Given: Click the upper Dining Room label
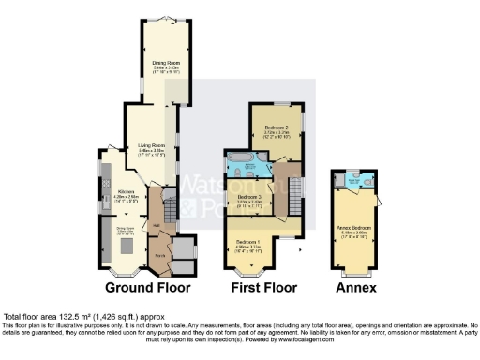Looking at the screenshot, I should (x=166, y=64).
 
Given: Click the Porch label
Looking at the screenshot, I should (x=159, y=251).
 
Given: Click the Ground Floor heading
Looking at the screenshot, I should (x=147, y=287).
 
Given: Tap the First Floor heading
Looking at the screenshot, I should (x=265, y=287).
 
